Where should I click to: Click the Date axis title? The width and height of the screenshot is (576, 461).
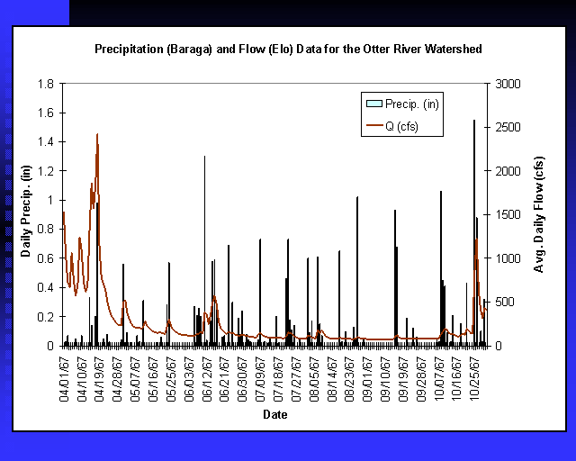[x=275, y=415]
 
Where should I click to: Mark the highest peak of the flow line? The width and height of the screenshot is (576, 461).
[x=97, y=134]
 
